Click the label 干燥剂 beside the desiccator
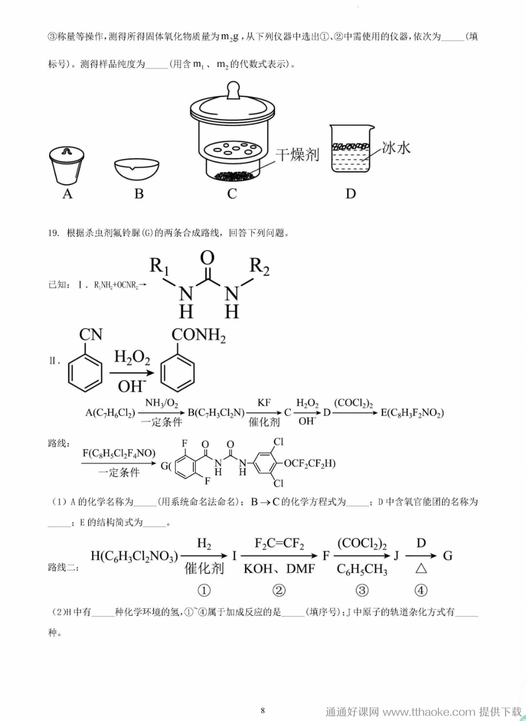click(297, 155)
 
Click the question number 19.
click(53, 233)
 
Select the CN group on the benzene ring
click(91, 335)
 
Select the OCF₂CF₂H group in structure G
click(309, 463)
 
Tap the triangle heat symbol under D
click(421, 569)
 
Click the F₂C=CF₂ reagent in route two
click(279, 544)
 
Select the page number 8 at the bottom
click(263, 710)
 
